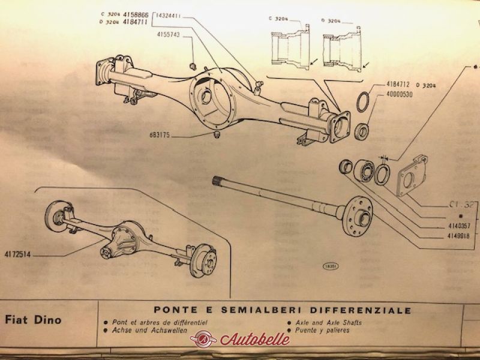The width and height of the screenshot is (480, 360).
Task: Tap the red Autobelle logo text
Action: coord(255,339)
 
